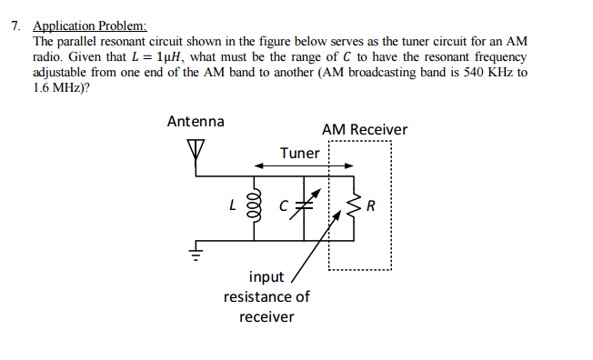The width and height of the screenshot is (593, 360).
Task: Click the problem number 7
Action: pyautogui.click(x=15, y=26)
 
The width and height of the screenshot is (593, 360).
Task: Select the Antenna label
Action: pyautogui.click(x=196, y=121)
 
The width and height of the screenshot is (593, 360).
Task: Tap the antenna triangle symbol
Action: pyautogui.click(x=196, y=147)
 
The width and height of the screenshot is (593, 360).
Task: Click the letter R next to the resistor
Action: pyautogui.click(x=371, y=206)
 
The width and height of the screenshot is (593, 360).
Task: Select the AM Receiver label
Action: pyautogui.click(x=364, y=130)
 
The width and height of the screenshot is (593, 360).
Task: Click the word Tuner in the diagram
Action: pyautogui.click(x=299, y=153)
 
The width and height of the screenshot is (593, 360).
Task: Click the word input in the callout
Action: pyautogui.click(x=266, y=276)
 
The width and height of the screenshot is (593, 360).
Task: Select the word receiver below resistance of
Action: pyautogui.click(x=266, y=316)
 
